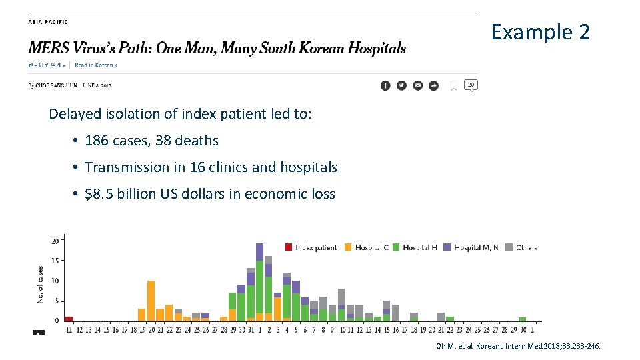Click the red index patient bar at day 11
69,319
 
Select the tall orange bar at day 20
151,301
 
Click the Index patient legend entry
311,247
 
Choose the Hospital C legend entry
366,247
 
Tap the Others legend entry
521,247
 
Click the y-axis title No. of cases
40,285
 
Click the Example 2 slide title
540,31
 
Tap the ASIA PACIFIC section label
47,22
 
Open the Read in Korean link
95,65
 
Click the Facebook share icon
385,85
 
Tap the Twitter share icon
401,85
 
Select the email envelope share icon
417,85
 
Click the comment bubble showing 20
471,85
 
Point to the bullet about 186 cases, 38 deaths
151,141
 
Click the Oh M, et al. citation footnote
517,346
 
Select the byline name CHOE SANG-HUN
57,85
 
